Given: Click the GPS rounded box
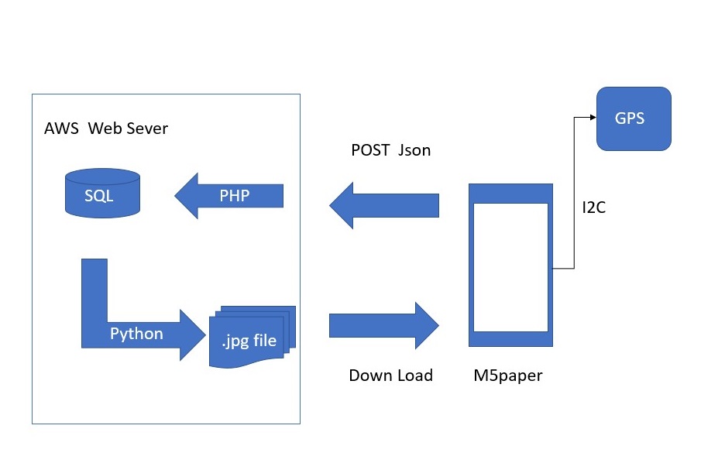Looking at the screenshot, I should [x=633, y=118].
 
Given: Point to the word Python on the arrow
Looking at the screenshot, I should [x=136, y=334].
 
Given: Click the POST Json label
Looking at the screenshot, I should [x=390, y=151].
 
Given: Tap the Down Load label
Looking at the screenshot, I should [x=390, y=376].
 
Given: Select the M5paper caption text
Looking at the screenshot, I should [x=508, y=376].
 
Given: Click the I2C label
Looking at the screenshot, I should [x=594, y=208].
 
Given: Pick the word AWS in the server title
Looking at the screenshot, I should [x=61, y=128].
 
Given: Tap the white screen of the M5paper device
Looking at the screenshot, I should [x=510, y=266].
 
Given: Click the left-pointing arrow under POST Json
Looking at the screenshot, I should [x=384, y=205].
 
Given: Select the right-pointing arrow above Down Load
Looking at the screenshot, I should [x=384, y=325].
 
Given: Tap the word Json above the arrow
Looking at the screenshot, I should [x=414, y=151].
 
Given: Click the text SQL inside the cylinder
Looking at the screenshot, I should [x=99, y=196].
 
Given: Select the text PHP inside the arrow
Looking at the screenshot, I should [x=234, y=195].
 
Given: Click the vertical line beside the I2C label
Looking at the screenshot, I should [x=575, y=194].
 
